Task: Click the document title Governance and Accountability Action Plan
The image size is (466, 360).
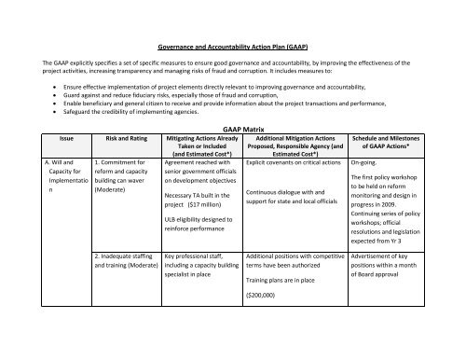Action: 232,44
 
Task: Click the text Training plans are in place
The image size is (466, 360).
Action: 286,331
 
